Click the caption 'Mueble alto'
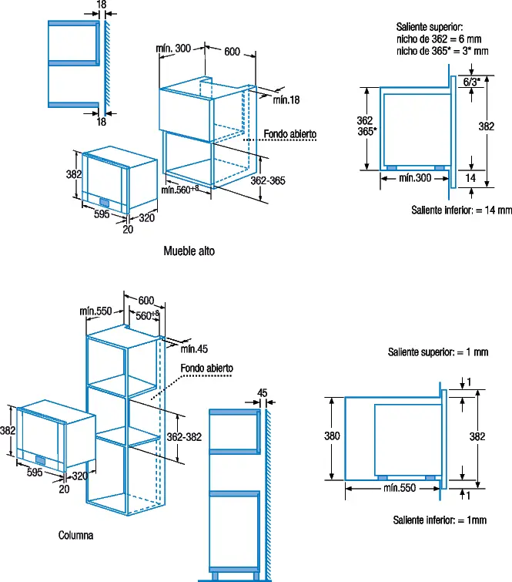coord(189,251)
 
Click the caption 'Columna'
coord(75,535)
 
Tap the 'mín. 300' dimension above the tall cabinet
coord(173,49)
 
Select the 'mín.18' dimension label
coord(286,100)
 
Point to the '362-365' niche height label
coord(268,180)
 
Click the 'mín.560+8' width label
coord(180,190)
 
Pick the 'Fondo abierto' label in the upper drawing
coord(290,134)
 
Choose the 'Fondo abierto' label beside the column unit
coord(207,368)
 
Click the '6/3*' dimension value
coord(472,82)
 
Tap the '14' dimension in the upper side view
coord(470,178)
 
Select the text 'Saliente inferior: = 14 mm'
coord(462,210)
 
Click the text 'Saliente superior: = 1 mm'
coord(438,352)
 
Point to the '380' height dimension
coord(332,436)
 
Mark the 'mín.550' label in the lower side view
coord(400,488)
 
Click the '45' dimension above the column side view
coord(262,392)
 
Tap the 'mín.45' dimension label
coord(194,349)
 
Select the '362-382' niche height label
coord(184,437)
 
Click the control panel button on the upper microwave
coord(104,202)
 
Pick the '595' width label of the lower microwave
coord(35,472)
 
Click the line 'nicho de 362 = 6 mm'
coord(439,39)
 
